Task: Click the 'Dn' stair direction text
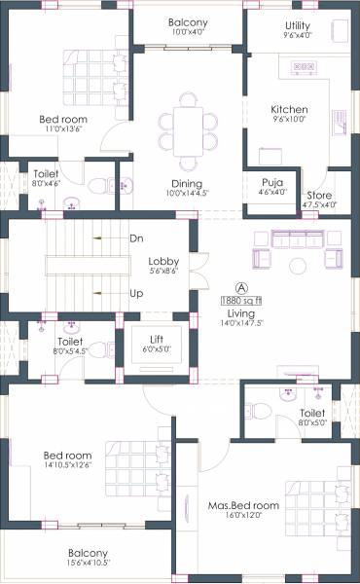click(x=136, y=238)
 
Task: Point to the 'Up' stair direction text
click(x=136, y=292)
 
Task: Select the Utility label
click(x=298, y=25)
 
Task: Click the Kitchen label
click(x=289, y=110)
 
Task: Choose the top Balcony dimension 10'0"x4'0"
click(x=187, y=32)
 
